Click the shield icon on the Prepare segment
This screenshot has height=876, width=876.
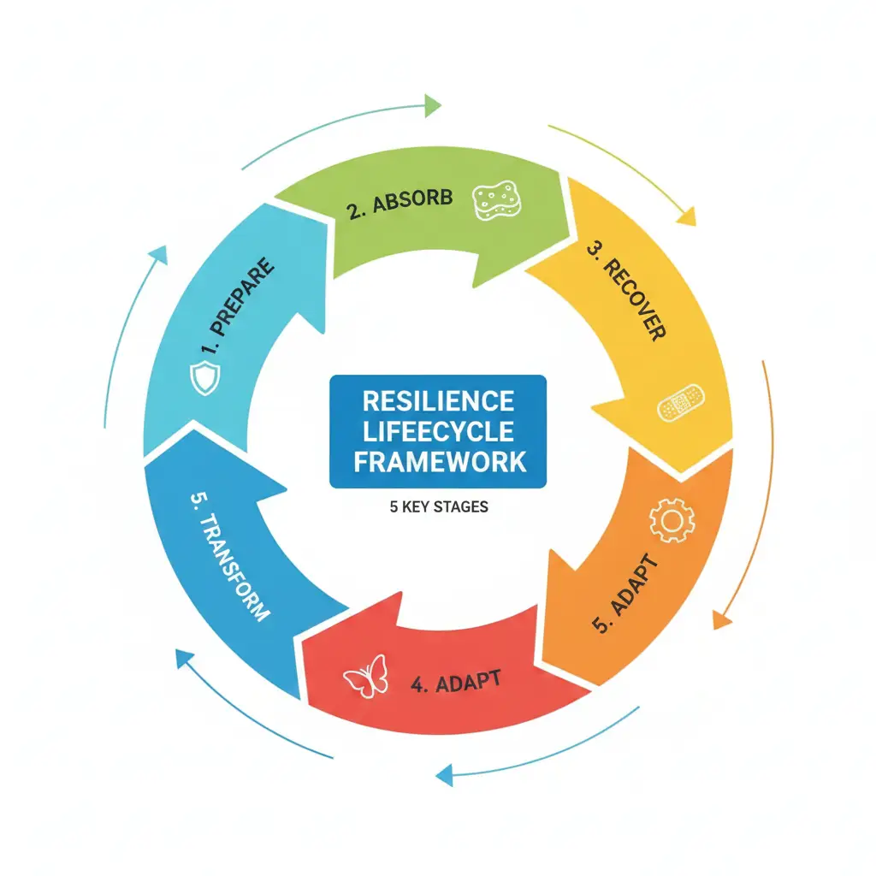pyautogui.click(x=204, y=377)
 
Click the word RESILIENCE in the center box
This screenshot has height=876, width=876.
pyautogui.click(x=438, y=400)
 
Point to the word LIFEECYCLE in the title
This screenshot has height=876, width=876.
pyautogui.click(x=438, y=431)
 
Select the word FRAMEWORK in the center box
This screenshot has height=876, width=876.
pyautogui.click(x=438, y=462)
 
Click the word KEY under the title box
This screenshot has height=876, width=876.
pyautogui.click(x=416, y=507)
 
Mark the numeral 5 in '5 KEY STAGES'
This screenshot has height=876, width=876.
pyautogui.click(x=394, y=507)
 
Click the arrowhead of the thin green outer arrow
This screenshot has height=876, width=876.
pyautogui.click(x=432, y=106)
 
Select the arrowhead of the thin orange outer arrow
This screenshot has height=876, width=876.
pyautogui.click(x=721, y=619)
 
